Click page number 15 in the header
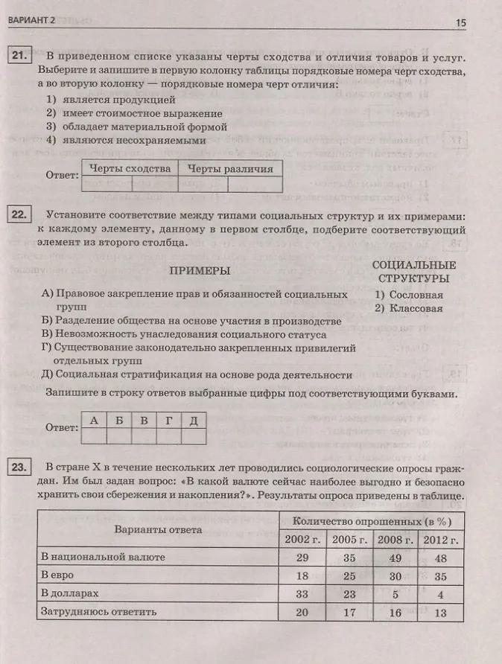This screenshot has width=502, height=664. [x=460, y=23]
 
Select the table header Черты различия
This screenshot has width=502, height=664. [x=230, y=168]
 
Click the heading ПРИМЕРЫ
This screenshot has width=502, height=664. [x=200, y=271]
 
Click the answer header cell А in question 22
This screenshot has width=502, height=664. [x=94, y=420]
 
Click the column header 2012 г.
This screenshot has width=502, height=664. [x=440, y=540]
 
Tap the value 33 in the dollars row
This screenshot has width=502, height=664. [x=301, y=594]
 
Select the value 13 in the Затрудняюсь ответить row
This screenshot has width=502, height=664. [x=440, y=613]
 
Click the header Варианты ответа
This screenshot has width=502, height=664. [x=158, y=530]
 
